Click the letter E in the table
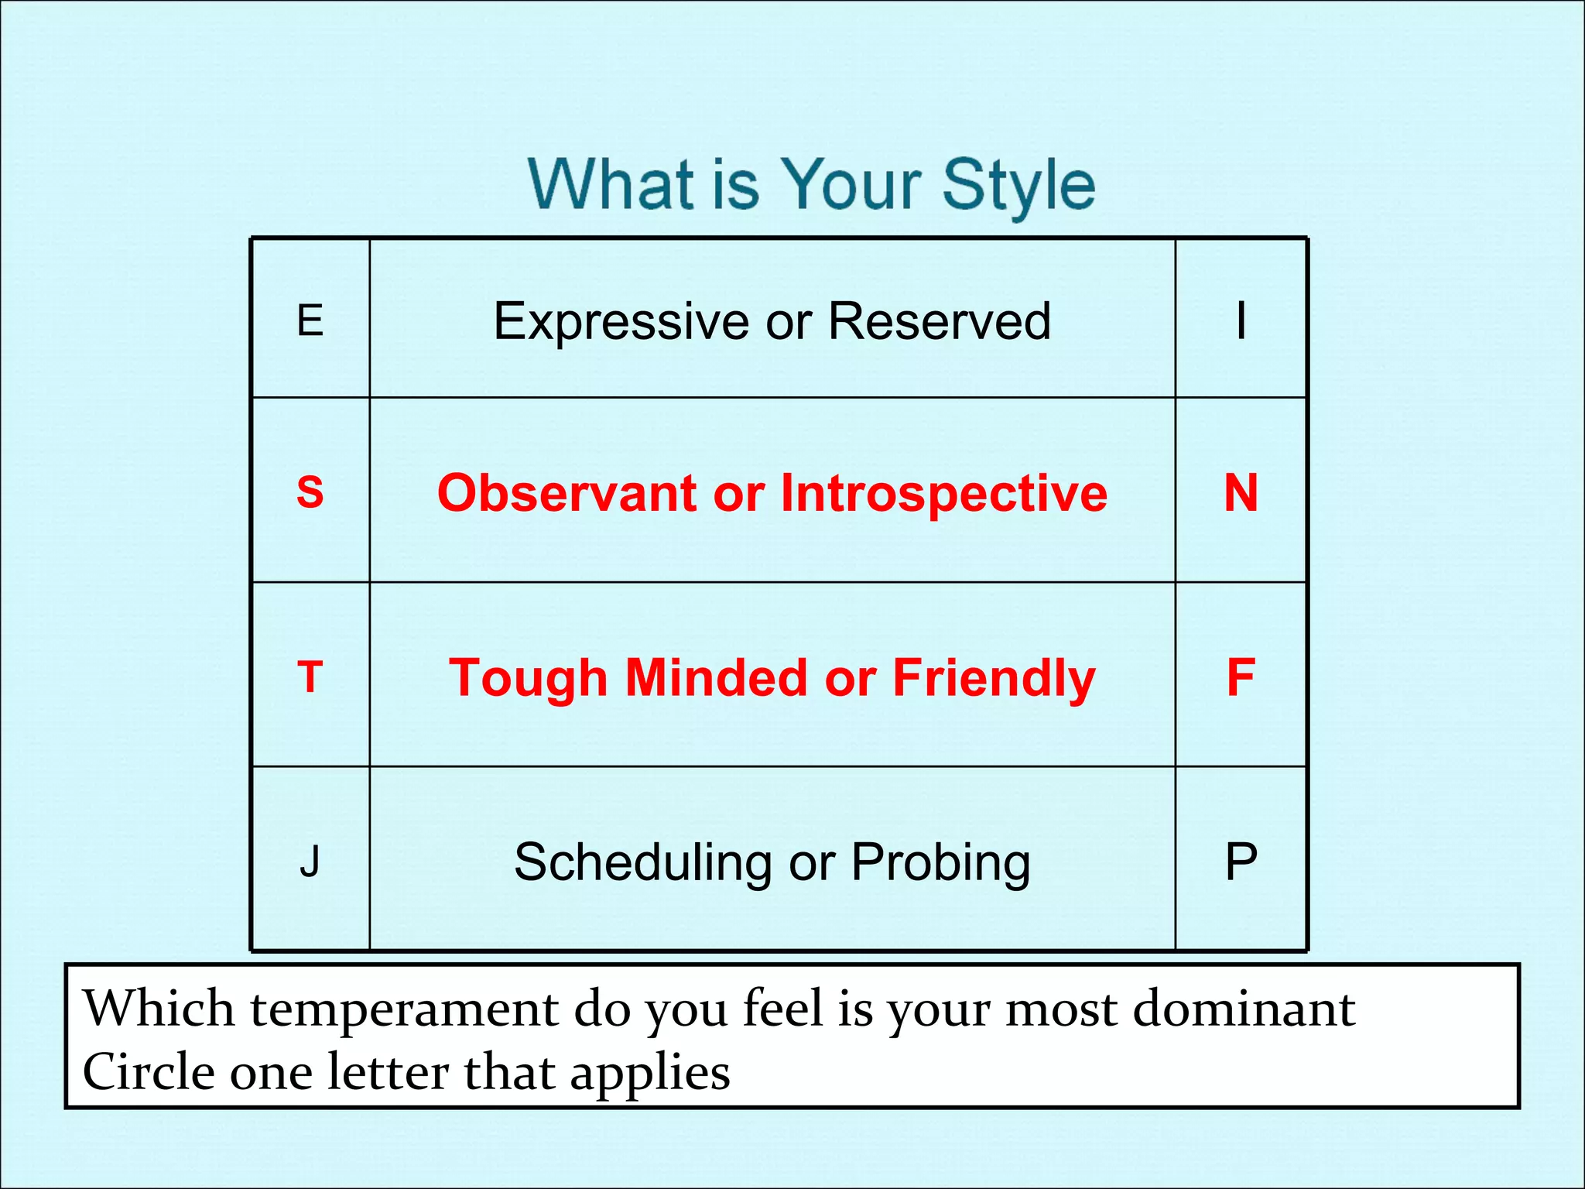tap(310, 320)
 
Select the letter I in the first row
tap(1241, 320)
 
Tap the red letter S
tap(310, 492)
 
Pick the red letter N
tap(1241, 492)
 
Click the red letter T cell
tap(310, 677)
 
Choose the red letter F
tap(1241, 677)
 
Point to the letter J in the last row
tap(310, 861)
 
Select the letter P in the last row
tap(1241, 861)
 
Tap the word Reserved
tap(939, 320)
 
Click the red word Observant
tap(568, 493)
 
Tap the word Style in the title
tap(1018, 186)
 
